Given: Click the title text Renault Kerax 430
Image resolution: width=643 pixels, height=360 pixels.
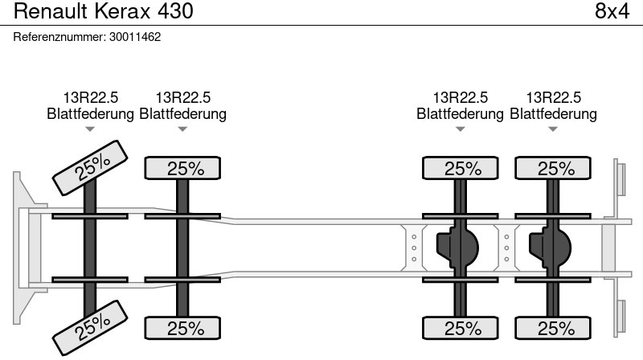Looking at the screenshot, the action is pyautogui.click(x=104, y=11).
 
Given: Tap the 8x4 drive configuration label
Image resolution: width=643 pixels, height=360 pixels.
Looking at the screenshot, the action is pyautogui.click(x=612, y=11).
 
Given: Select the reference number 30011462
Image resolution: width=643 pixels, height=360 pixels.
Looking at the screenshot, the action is pyautogui.click(x=135, y=37).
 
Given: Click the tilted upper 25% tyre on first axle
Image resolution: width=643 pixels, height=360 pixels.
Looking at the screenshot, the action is pyautogui.click(x=90, y=168).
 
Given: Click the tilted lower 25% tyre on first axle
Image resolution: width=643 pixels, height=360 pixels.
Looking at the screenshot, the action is pyautogui.click(x=90, y=328).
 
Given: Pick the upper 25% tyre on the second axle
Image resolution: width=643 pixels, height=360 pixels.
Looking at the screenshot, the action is pyautogui.click(x=182, y=168).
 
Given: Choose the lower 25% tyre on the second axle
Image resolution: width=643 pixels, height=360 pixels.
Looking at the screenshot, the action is pyautogui.click(x=182, y=328).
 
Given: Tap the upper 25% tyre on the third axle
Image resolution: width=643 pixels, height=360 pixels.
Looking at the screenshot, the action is pyautogui.click(x=460, y=168).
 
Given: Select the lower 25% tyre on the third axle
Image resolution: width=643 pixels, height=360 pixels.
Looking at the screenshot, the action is pyautogui.click(x=460, y=328).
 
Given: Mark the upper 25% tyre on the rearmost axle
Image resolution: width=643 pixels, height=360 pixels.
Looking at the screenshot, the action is pyautogui.click(x=553, y=168).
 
